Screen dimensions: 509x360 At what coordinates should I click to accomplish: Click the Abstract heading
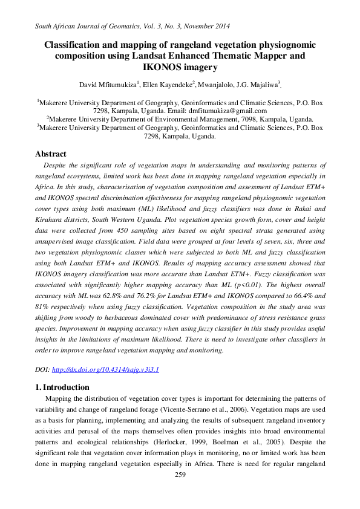(51, 154)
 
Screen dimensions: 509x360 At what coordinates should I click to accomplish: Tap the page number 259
(180, 475)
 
